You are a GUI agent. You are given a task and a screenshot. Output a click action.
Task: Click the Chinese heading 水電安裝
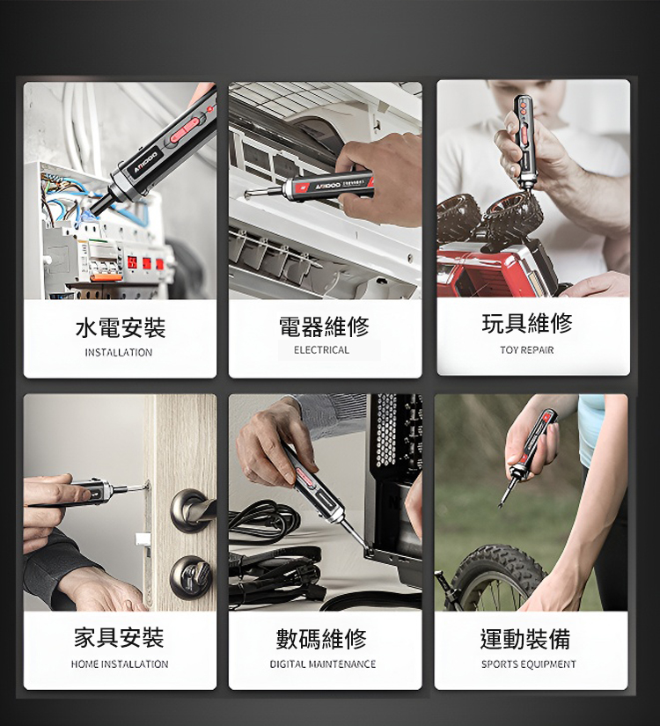pos(120,328)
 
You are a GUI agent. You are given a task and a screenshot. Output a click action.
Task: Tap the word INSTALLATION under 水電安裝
pos(119,352)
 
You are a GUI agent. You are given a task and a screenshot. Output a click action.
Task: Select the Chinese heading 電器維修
pos(324,326)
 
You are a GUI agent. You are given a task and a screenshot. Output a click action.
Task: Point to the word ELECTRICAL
pos(321,350)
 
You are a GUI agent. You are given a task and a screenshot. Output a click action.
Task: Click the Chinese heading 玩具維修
pos(527,323)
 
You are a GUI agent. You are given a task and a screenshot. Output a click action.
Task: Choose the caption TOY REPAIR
pos(526,350)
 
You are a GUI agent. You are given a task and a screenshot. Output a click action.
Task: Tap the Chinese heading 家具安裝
pos(119,638)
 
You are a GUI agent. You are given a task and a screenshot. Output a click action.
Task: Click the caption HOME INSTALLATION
pos(120,664)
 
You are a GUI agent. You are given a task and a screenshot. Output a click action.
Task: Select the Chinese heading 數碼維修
pos(321,639)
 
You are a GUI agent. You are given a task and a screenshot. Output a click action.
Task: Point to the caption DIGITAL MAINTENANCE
pos(323,664)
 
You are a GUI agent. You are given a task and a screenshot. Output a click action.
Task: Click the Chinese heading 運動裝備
pos(525,639)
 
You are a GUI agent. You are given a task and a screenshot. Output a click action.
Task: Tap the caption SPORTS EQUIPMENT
pos(529,664)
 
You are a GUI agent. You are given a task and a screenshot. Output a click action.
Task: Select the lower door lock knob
pos(191,577)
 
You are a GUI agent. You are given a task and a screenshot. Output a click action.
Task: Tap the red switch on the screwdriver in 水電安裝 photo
pos(186,129)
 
